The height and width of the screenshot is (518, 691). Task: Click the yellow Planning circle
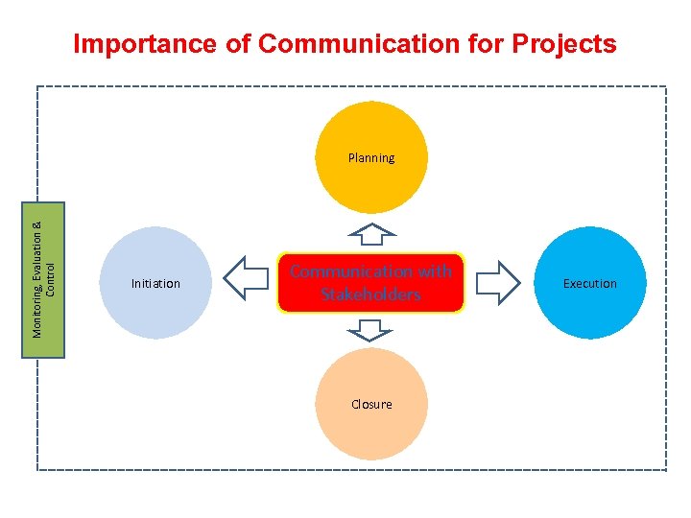[x=371, y=157]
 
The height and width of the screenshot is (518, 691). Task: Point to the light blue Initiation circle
[x=155, y=283]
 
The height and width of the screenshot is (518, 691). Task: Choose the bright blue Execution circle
[x=590, y=283]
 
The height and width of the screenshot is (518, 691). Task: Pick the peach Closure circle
[x=371, y=404]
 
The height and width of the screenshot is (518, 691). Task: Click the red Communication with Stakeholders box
[x=370, y=283]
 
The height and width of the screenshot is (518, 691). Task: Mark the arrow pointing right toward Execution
[x=497, y=280]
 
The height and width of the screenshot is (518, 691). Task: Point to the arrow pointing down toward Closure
[x=370, y=331]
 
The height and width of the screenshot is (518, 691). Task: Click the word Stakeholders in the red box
[x=370, y=294]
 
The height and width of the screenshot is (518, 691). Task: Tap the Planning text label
[x=371, y=157]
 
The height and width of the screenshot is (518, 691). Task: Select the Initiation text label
[x=155, y=283]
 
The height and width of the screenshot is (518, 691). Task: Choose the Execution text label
[x=590, y=283]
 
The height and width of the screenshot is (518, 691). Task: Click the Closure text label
[x=371, y=404]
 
